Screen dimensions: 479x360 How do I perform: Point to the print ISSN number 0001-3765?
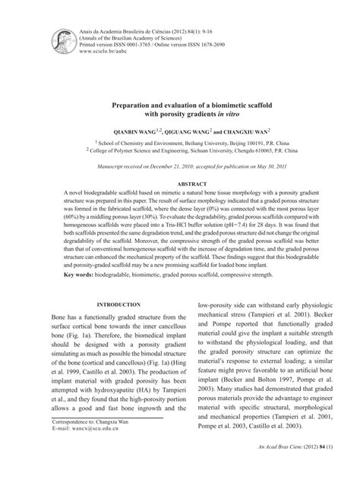coord(138,46)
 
